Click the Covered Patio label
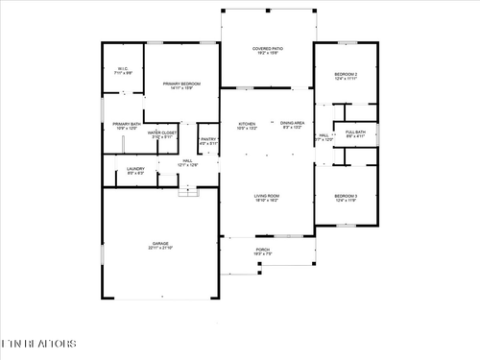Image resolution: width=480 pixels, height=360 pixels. pyautogui.click(x=267, y=47)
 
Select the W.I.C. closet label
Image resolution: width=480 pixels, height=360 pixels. pyautogui.click(x=124, y=68)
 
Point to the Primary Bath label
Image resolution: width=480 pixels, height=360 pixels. pyautogui.click(x=127, y=124)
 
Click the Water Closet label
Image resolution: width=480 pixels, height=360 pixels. pyautogui.click(x=162, y=132)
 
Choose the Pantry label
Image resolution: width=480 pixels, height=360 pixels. pyautogui.click(x=208, y=140)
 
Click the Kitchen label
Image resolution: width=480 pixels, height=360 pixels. pyautogui.click(x=247, y=123)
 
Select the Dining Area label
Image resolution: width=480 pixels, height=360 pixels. pyautogui.click(x=292, y=123)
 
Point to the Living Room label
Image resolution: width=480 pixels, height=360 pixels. pyautogui.click(x=267, y=195)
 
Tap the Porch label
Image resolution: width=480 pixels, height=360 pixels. pyautogui.click(x=262, y=250)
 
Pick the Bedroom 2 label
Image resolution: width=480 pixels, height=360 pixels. pyautogui.click(x=346, y=74)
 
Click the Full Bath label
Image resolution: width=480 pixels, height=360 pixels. pyautogui.click(x=355, y=132)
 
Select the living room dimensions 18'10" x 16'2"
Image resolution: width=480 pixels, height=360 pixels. pyautogui.click(x=267, y=200)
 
